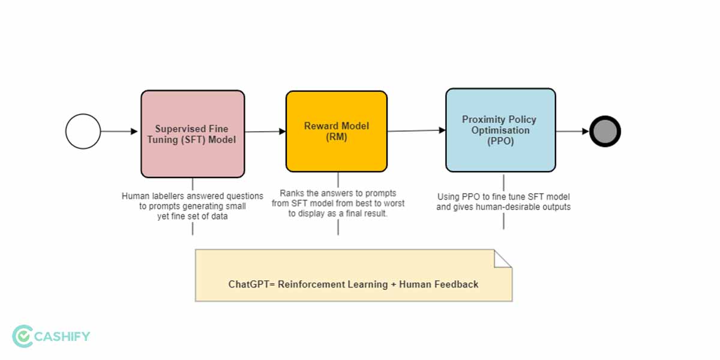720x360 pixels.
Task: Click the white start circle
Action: [x=83, y=131]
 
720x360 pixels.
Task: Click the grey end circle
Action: [x=605, y=131]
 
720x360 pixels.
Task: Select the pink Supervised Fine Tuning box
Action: [x=193, y=134]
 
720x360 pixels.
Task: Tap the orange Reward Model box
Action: [x=337, y=131]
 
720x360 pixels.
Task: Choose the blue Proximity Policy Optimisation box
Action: [x=500, y=130]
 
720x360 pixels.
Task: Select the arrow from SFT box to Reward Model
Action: [x=265, y=131]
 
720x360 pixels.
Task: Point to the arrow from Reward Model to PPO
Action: [x=416, y=130]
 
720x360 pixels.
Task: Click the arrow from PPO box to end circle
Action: [x=572, y=131]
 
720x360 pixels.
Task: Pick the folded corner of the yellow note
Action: [x=503, y=258]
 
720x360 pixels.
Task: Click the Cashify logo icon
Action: [x=22, y=336]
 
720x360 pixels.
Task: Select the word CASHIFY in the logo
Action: [x=63, y=336]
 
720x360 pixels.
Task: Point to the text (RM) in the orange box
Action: [x=337, y=137]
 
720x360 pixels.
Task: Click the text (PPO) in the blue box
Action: [x=500, y=140]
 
